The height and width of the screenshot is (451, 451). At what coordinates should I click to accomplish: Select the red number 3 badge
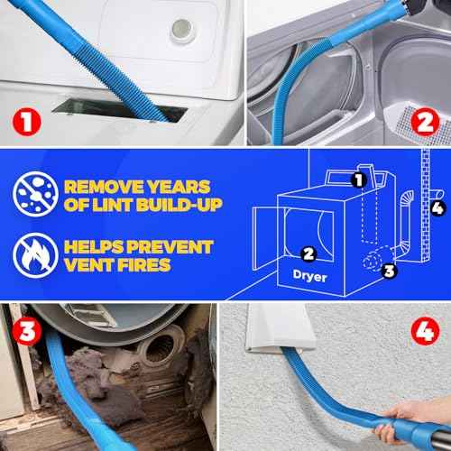26,331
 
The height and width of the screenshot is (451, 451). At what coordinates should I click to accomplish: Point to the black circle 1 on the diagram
357,180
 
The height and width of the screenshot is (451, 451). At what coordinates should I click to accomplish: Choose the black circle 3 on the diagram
388,269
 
